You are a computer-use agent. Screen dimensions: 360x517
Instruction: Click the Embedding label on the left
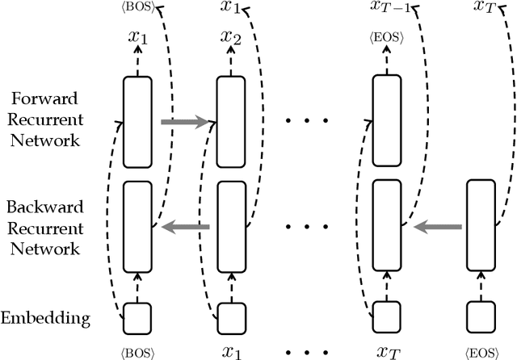coord(57,318)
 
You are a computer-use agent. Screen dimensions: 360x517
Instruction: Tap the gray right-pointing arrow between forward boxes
coord(184,122)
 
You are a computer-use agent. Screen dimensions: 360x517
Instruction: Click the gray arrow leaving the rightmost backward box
coord(437,228)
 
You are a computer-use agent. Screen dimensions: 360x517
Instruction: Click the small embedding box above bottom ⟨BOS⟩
coord(137,318)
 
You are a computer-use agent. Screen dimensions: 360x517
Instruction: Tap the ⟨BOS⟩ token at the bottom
coord(138,353)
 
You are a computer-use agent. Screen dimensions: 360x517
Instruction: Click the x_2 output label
coord(231,38)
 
